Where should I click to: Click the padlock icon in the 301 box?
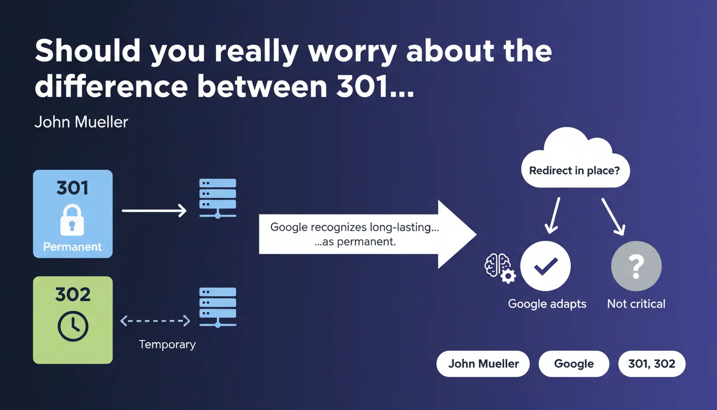coord(73,220)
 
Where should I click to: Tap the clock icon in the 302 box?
coord(73,326)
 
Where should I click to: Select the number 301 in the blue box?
coord(73,188)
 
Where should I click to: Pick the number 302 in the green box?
coord(73,294)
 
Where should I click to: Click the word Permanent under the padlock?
coord(73,247)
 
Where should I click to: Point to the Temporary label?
coord(167,345)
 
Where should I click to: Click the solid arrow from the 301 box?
coord(154,211)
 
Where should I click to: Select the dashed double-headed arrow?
coord(155,321)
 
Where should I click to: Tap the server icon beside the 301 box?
coord(218,199)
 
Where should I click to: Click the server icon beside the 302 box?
coord(218,307)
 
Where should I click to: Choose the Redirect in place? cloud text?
coord(575,171)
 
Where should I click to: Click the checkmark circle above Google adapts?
coord(545,266)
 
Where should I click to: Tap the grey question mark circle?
coord(636,266)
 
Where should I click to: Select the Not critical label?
coord(636,304)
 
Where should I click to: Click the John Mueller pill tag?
coord(483,364)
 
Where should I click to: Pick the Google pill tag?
coord(574,364)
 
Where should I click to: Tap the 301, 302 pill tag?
coord(652,364)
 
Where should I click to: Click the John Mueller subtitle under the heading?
coord(81,122)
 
